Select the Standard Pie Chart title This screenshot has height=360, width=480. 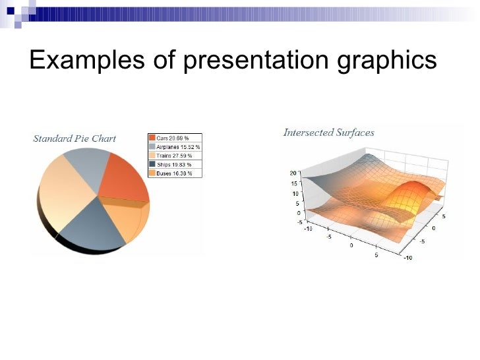(75, 138)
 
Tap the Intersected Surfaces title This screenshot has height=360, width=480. (328, 133)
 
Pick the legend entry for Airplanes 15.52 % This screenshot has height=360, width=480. (176, 147)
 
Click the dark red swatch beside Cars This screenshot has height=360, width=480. (152, 138)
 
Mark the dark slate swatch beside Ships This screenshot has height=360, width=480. (152, 164)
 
